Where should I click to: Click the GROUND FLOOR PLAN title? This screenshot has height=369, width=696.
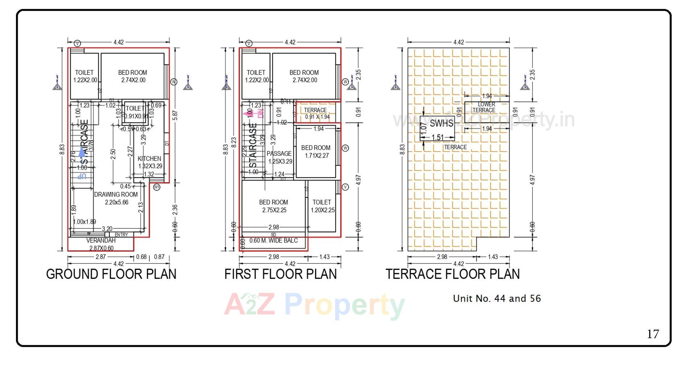coord(111,274)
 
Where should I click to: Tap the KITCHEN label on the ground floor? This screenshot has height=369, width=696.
coord(149,159)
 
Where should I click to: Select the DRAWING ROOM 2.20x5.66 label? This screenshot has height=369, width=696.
coord(116,198)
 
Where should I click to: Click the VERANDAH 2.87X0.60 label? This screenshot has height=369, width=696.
coord(101,244)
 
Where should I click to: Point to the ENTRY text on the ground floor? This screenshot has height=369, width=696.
coord(121,235)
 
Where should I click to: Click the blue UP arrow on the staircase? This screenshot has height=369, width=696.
coord(82,152)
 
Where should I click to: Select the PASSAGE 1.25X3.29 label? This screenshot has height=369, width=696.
coord(279,157)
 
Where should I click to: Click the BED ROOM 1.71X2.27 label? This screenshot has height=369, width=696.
coord(316,152)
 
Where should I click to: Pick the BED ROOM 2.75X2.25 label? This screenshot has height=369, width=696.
coord(273,206)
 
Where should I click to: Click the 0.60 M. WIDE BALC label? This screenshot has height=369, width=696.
coord(274,241)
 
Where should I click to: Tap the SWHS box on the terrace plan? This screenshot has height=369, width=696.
coord(437,128)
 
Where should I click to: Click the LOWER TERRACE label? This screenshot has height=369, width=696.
coord(484,107)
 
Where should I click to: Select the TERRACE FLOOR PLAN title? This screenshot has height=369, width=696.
coord(452,274)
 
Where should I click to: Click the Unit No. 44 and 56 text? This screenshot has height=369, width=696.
coord(497,299)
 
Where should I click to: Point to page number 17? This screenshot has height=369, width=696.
coord(653,334)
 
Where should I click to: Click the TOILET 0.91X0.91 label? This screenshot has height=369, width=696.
coord(135,112)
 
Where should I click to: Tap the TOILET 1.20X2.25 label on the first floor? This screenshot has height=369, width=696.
coord(322,206)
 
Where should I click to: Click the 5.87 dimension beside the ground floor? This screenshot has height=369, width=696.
coord(175,115)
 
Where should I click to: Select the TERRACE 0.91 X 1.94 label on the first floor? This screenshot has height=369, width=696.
coord(316,113)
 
